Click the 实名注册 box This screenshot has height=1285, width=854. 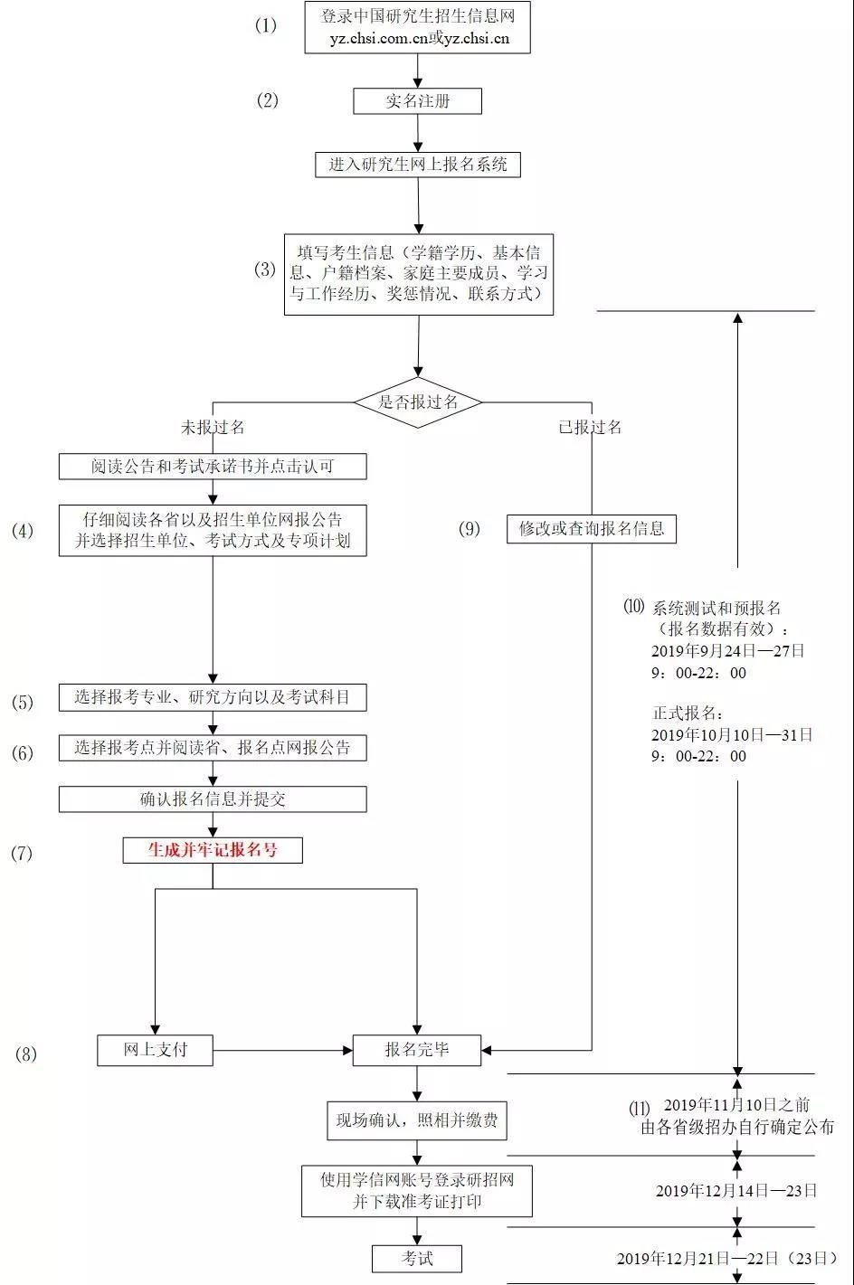click(417, 101)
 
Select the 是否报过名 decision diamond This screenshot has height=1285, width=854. click(417, 402)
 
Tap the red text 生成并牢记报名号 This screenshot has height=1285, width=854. click(213, 850)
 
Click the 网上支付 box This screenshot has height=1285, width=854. click(155, 1050)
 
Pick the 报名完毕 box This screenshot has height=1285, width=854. click(417, 1050)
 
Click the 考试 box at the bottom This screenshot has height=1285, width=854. click(417, 1258)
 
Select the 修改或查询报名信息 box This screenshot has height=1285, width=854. click(592, 529)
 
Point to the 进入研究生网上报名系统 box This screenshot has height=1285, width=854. click(417, 165)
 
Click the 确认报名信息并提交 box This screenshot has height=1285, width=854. click(213, 799)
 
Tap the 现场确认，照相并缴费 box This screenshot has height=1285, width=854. click(417, 1121)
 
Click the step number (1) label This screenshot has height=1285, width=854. click(266, 25)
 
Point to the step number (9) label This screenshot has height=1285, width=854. click(470, 529)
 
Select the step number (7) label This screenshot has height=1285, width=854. click(22, 853)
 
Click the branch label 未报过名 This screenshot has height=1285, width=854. click(213, 427)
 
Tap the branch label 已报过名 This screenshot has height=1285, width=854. click(590, 427)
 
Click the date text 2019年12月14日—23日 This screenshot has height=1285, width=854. click(736, 1191)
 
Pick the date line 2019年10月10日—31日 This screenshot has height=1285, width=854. click(732, 734)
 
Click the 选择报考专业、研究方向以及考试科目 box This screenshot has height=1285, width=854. click(213, 697)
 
